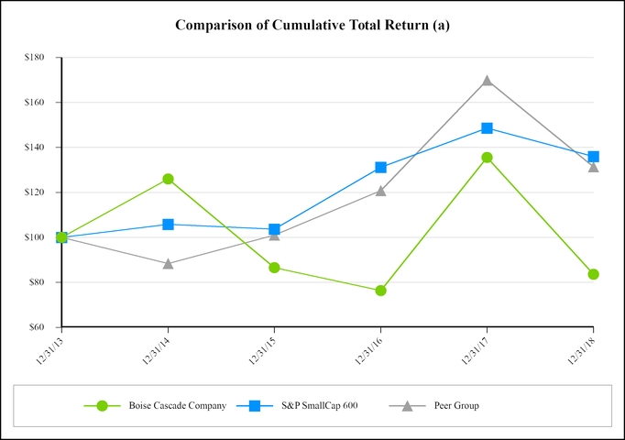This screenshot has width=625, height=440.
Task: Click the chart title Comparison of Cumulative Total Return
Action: (x=312, y=25)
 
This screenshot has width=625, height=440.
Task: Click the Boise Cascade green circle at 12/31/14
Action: (x=168, y=179)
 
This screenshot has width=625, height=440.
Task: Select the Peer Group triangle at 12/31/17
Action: (x=487, y=81)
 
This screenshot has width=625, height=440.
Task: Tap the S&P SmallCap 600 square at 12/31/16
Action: (x=380, y=168)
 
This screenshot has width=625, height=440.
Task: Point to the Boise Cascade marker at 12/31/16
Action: (x=380, y=291)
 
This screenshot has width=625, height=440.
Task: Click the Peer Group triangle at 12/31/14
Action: (x=168, y=263)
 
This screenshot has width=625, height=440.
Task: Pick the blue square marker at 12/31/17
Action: (x=487, y=128)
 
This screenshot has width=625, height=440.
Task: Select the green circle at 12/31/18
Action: (x=593, y=274)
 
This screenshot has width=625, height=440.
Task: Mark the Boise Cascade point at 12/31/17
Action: (x=487, y=158)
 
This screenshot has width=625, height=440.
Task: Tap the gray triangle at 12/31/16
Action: (x=380, y=191)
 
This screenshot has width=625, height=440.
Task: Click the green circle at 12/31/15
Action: (x=274, y=268)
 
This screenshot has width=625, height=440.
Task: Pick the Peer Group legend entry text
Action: (x=455, y=405)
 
